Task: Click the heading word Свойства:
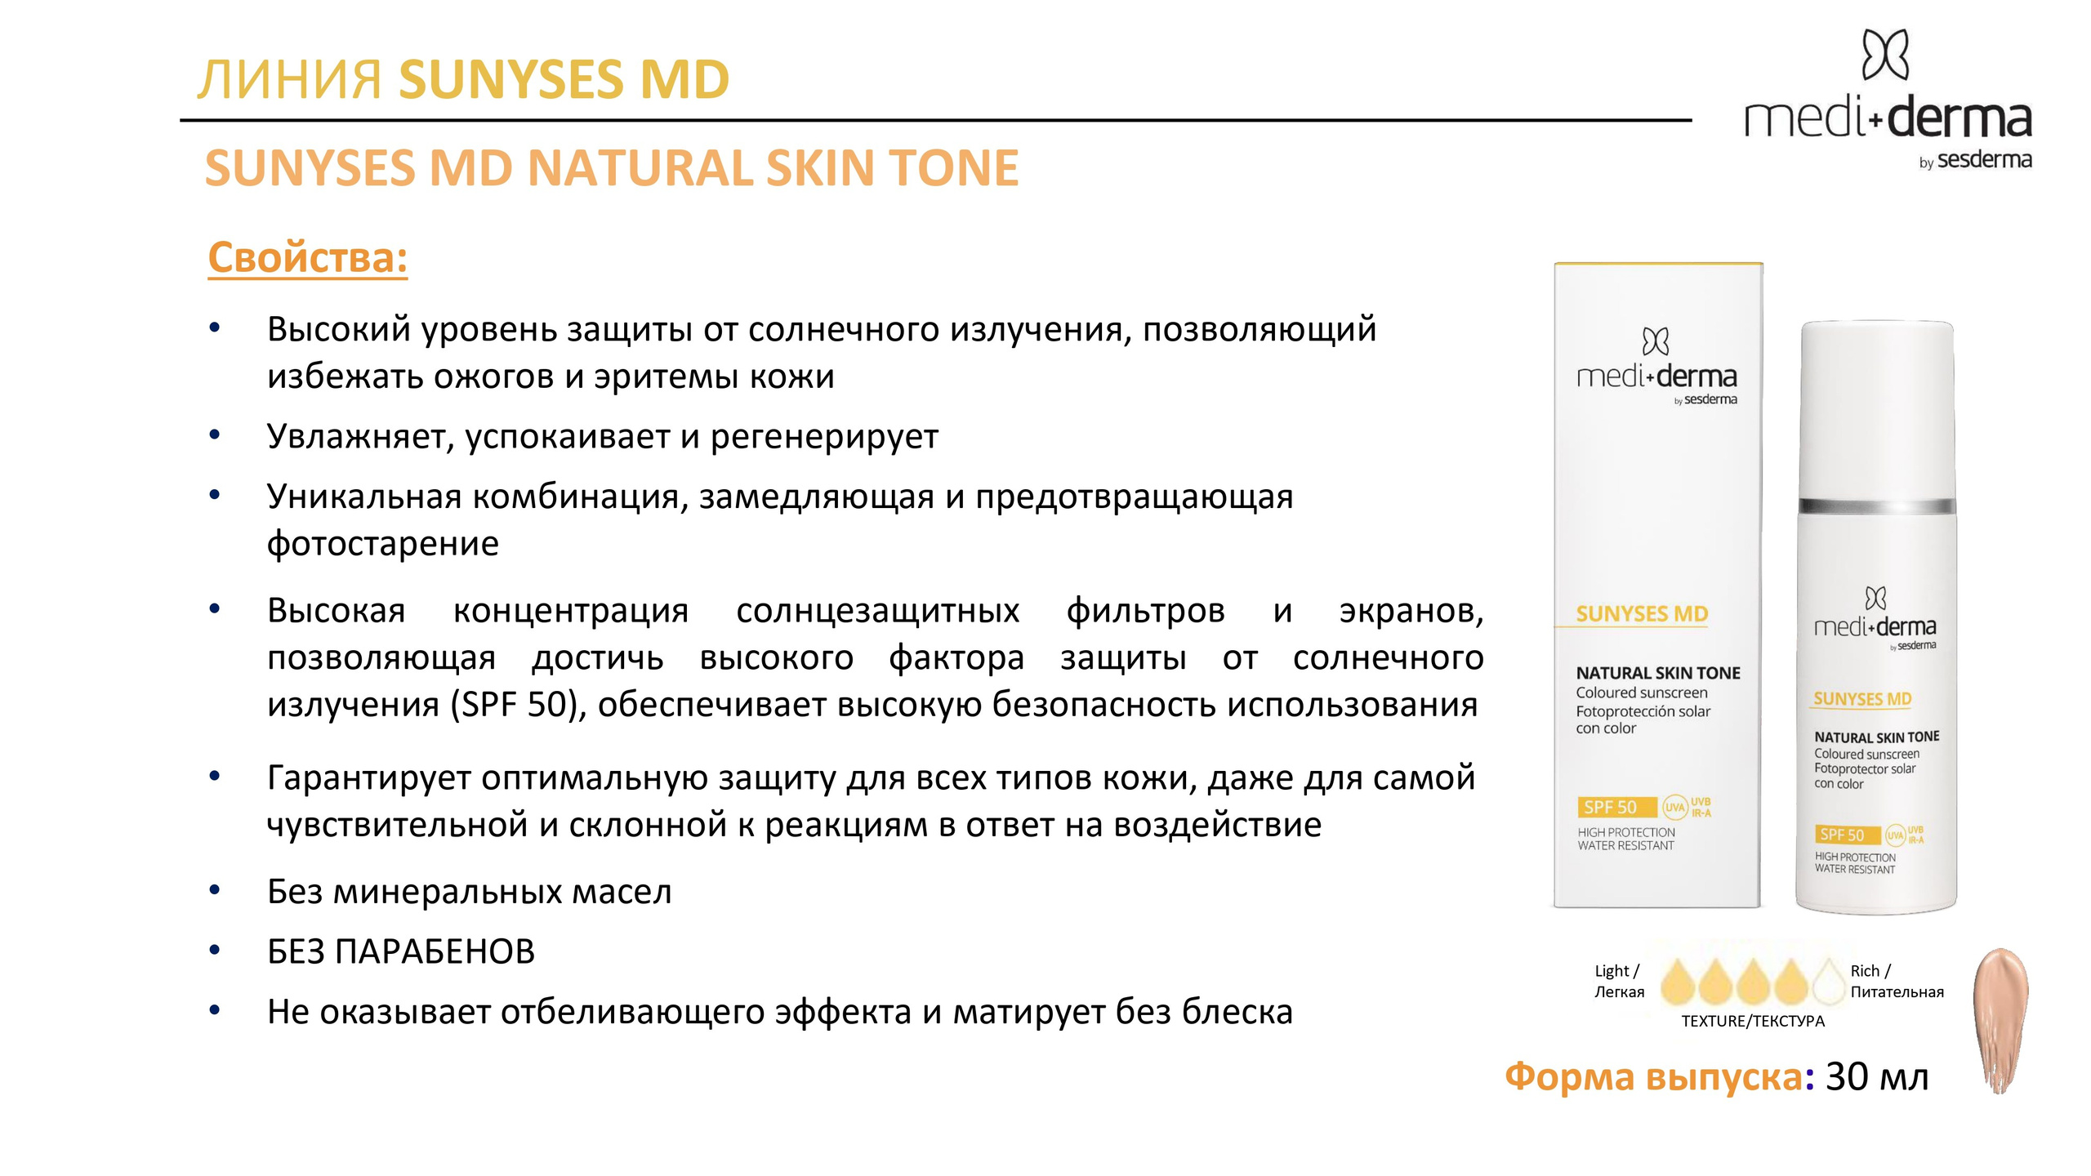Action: point(307,258)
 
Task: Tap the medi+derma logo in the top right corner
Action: point(1888,119)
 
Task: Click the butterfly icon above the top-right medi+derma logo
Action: point(1885,55)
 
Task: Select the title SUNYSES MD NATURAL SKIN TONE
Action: point(611,168)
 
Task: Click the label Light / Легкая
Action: point(1619,982)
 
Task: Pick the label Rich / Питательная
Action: point(1896,982)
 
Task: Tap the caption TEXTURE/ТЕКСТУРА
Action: point(1752,1022)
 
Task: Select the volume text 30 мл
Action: point(1877,1077)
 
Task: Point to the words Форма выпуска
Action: point(1653,1077)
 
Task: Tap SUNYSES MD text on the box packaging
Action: point(1641,614)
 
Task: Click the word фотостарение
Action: point(382,544)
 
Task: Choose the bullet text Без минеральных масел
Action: point(469,893)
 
